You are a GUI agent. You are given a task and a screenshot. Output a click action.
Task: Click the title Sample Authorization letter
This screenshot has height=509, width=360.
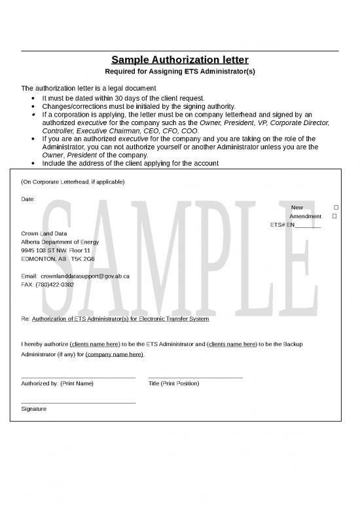click(180, 60)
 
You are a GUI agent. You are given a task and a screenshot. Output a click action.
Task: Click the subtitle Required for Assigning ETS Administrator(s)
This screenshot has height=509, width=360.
click(180, 71)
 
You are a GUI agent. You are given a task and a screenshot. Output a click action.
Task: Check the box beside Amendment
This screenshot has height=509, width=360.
click(334, 216)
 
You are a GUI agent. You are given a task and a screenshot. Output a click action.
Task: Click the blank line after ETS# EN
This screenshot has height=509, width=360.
click(308, 225)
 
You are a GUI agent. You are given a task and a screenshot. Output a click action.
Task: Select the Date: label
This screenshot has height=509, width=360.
click(28, 198)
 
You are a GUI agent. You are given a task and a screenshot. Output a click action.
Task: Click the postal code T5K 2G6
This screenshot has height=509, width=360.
click(82, 259)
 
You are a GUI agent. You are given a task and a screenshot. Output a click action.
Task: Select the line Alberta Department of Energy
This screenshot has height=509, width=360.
click(60, 242)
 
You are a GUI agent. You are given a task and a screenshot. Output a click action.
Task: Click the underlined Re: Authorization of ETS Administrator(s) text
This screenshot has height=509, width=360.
click(120, 319)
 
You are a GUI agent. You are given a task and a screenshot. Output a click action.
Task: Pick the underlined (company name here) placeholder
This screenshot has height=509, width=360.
click(115, 354)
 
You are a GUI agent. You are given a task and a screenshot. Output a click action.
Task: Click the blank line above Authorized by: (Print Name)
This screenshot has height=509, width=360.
click(79, 377)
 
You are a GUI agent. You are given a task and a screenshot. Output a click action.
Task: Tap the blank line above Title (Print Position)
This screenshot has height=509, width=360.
click(195, 377)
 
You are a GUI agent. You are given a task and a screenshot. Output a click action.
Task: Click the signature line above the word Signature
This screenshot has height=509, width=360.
click(79, 402)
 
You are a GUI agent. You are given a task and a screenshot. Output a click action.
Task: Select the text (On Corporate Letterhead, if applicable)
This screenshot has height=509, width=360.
click(73, 181)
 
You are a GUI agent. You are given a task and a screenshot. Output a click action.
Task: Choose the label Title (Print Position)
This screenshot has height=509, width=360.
click(173, 383)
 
